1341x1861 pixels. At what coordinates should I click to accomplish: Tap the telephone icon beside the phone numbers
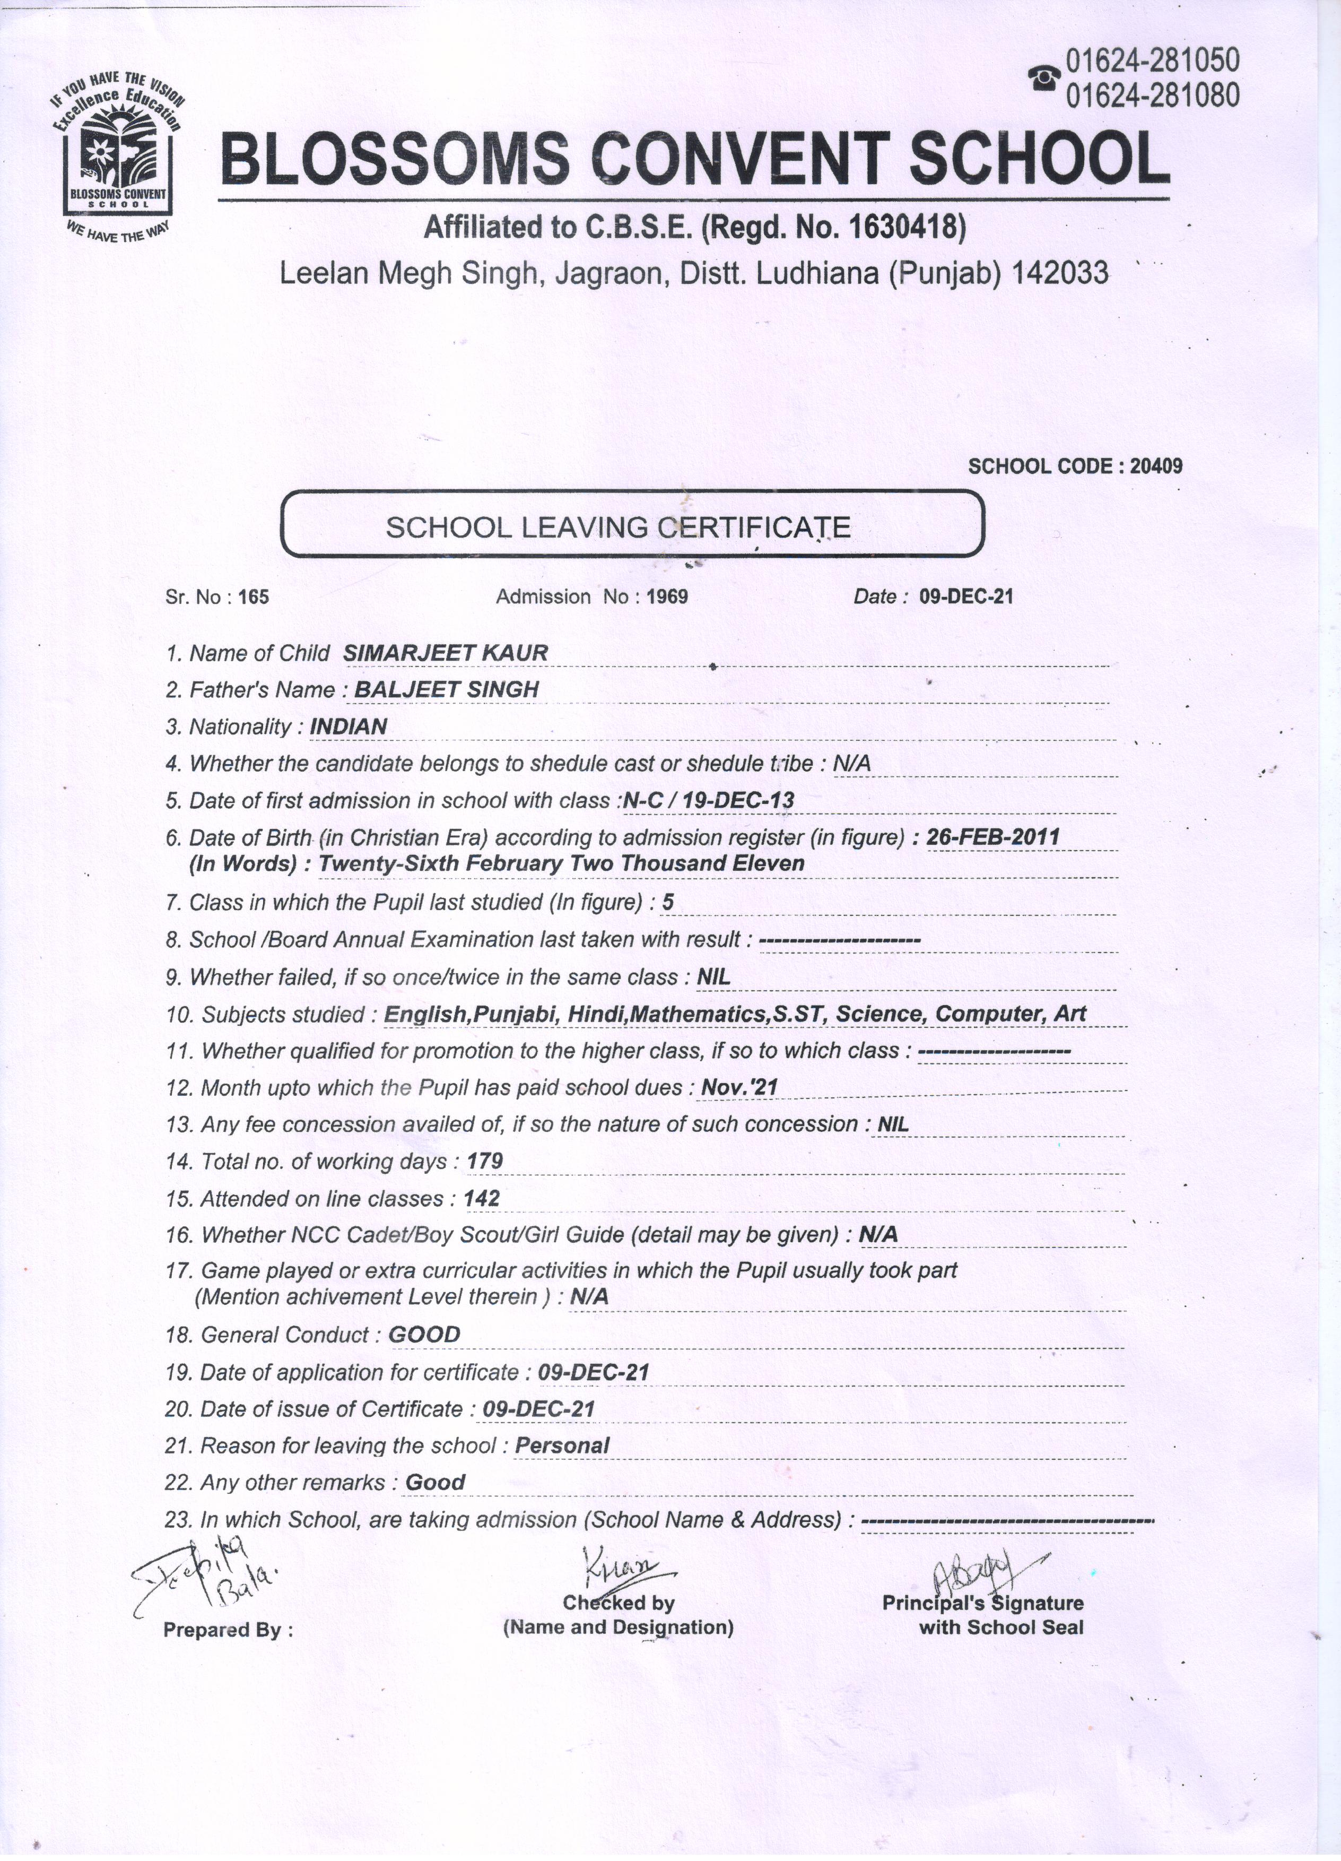pos(1043,79)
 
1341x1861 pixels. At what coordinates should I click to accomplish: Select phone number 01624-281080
pos(1152,97)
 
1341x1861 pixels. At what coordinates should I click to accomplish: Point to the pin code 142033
pos(1061,272)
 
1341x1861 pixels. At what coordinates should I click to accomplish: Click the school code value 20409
pos(1156,466)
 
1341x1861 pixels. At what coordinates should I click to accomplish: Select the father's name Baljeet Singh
pos(446,690)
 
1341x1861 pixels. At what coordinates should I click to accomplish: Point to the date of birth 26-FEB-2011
pos(992,837)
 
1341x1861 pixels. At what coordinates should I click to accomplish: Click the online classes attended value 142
pos(482,1199)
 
